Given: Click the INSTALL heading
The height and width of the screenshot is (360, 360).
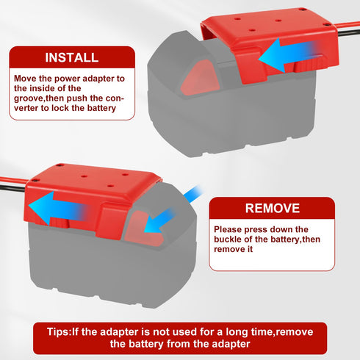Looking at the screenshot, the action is click(x=72, y=57).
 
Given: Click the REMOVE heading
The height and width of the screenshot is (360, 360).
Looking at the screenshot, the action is click(x=273, y=208).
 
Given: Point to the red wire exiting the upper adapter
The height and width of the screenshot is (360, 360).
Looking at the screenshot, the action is click(x=349, y=26).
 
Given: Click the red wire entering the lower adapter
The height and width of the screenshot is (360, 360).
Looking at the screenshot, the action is click(x=13, y=179).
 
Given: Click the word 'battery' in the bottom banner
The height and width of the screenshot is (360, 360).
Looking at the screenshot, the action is click(x=146, y=344).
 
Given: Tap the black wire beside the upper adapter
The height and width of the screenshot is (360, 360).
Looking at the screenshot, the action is click(x=350, y=33).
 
